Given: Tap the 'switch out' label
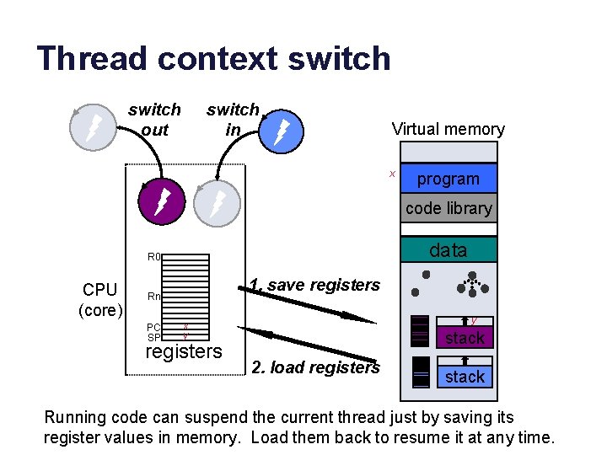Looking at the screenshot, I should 154,120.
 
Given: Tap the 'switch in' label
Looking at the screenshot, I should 233,120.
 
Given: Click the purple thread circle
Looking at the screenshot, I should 160,202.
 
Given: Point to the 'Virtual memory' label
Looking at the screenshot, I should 448,129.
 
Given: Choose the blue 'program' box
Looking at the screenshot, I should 449,179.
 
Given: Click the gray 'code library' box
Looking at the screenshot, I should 449,208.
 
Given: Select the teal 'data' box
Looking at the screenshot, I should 449,249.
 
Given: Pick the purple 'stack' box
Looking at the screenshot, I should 465,338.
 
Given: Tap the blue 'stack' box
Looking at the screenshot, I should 465,377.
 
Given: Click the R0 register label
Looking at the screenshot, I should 153,257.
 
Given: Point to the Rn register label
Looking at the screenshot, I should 153,297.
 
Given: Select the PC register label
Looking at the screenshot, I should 153,327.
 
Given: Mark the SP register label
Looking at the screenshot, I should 153,336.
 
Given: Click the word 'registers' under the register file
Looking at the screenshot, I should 184,351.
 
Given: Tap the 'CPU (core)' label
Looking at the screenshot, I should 100,300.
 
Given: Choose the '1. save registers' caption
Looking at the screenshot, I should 314,285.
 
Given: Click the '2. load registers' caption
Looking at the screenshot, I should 315,367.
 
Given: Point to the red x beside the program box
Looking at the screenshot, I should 392,174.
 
